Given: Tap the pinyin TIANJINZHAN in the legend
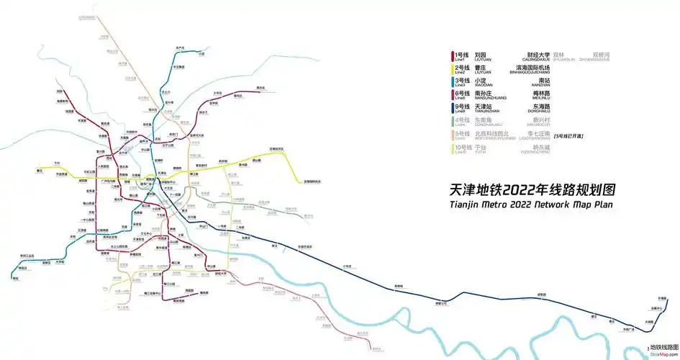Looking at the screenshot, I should point(488,112).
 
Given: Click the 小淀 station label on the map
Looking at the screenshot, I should point(201,54).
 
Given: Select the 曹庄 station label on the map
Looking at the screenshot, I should point(39,171).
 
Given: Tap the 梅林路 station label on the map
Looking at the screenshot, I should point(204,292).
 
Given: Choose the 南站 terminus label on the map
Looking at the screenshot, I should point(15,278).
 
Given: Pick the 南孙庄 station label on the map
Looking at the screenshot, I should point(261,89).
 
